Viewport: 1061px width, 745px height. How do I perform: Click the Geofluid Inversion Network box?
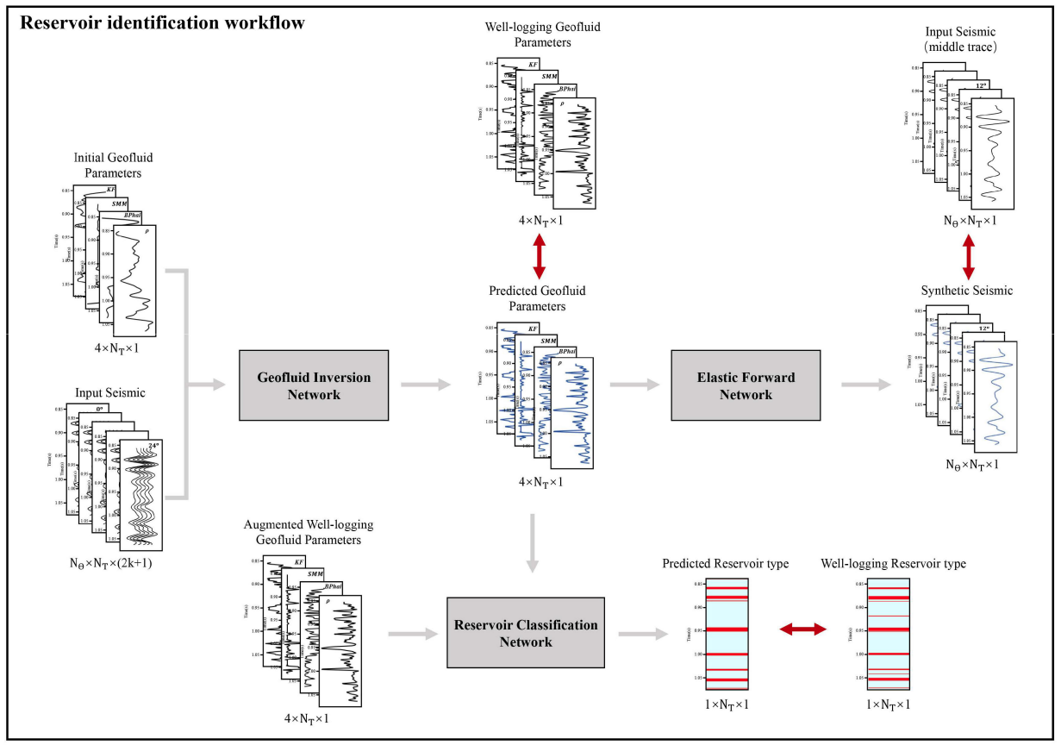coord(314,386)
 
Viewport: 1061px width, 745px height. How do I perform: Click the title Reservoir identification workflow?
coord(162,23)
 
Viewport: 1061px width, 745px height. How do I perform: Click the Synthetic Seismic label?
coord(968,290)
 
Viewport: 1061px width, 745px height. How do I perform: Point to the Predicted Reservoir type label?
coord(725,563)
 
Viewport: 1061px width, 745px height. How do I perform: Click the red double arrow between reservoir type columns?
coord(802,630)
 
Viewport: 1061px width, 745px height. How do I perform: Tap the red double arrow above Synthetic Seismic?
coord(968,255)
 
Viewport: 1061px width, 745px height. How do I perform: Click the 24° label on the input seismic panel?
coord(153,446)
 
